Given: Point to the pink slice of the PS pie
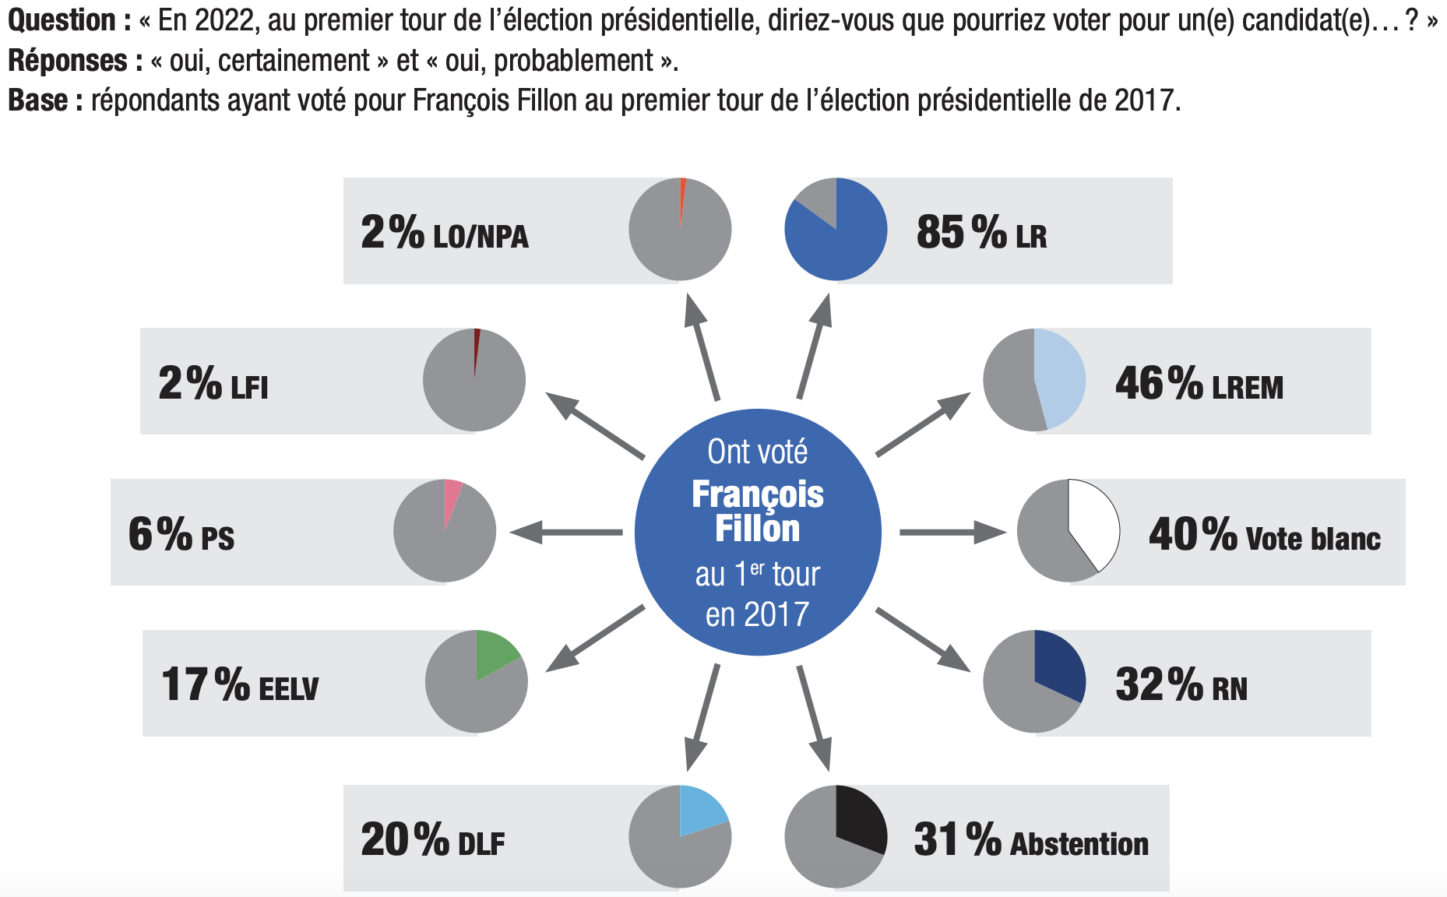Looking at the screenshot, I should (452, 498).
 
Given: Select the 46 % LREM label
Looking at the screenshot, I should (1199, 383).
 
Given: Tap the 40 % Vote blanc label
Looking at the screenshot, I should (1264, 535).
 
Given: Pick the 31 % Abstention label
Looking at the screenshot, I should (1030, 840).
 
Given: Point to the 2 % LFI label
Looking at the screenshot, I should (213, 383).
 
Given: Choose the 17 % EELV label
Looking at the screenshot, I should (240, 685).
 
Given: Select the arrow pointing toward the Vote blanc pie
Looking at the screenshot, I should (952, 533).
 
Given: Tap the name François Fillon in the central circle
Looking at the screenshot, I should (758, 511).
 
